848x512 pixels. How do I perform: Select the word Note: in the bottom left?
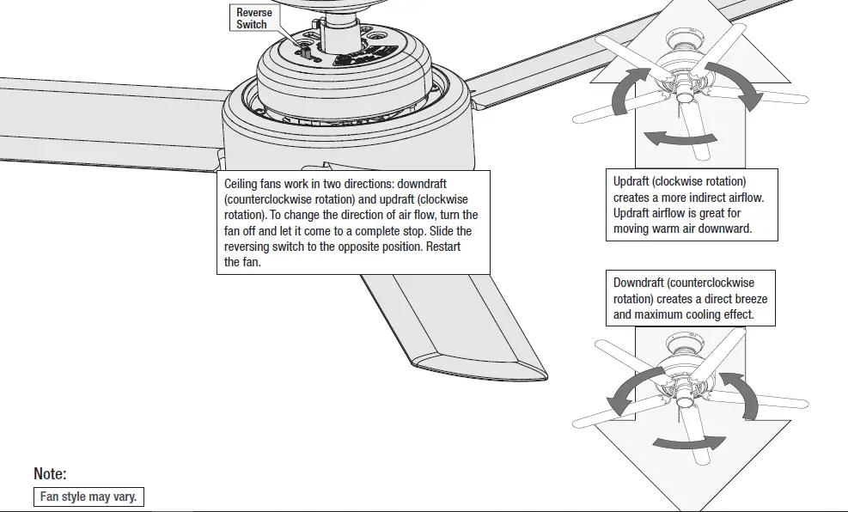click(50, 474)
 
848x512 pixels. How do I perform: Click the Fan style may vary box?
click(88, 497)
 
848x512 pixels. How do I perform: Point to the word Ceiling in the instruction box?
click(242, 184)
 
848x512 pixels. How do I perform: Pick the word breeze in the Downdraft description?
click(747, 299)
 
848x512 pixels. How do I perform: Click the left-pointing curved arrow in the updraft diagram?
click(668, 137)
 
